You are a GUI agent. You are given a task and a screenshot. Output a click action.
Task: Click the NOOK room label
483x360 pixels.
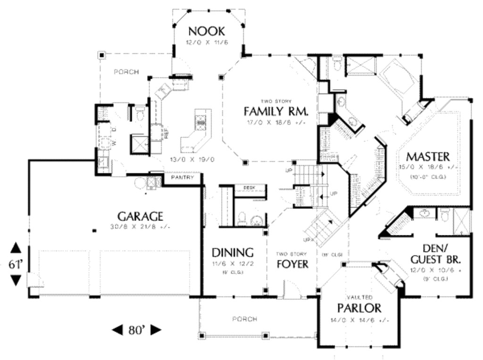[x=207, y=32]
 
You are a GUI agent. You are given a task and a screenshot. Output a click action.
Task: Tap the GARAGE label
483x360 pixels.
[x=140, y=217]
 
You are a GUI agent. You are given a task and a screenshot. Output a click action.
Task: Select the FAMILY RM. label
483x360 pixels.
[x=276, y=112]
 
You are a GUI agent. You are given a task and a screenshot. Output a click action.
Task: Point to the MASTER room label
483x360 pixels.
[x=428, y=156]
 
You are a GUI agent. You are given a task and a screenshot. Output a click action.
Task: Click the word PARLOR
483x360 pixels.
[x=359, y=309]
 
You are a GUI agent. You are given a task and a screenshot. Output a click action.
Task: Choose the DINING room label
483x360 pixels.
[x=233, y=252]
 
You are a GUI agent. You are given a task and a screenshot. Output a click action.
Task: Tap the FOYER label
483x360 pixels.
[x=292, y=264]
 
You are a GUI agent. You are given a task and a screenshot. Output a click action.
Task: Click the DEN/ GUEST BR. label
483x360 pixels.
[x=435, y=254]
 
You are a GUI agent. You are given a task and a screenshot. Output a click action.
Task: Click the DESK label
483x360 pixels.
[x=249, y=188]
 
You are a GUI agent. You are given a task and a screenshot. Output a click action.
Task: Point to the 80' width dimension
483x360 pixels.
[x=136, y=330]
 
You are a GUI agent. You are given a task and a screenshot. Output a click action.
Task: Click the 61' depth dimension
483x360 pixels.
[x=16, y=265]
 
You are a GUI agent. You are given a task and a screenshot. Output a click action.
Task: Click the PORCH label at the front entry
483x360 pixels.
[x=245, y=319]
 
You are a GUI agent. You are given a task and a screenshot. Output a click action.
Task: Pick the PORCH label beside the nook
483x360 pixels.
[x=126, y=72]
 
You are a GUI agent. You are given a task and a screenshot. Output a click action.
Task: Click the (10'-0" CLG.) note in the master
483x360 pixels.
[x=428, y=177]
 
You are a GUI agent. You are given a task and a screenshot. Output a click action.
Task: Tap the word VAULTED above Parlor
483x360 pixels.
[x=360, y=298]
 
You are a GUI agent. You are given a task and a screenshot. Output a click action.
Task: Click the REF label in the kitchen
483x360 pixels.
[x=167, y=134]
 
